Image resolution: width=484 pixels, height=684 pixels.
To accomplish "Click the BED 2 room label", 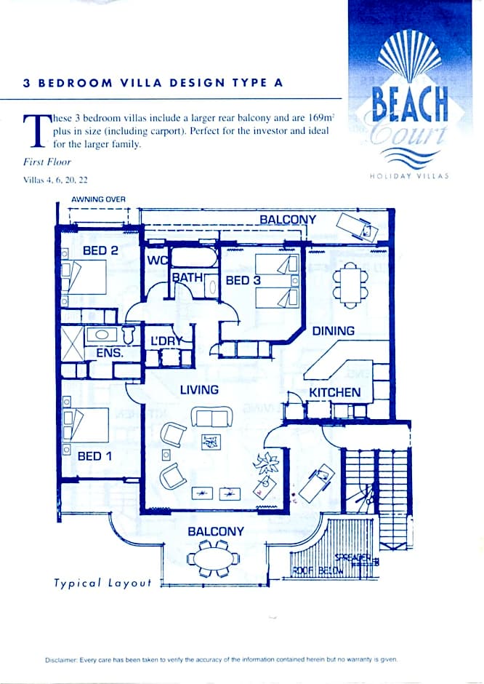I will pyautogui.click(x=100, y=250).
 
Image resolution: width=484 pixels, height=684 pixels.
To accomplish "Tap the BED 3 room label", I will pyautogui.click(x=243, y=280).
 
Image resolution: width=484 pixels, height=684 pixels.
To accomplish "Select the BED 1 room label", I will pyautogui.click(x=94, y=456).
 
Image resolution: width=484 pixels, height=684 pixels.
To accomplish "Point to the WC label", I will pyautogui.click(x=158, y=261).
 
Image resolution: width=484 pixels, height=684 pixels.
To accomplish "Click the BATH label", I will pyautogui.click(x=187, y=277).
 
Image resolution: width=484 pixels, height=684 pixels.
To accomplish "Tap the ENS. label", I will pyautogui.click(x=109, y=353).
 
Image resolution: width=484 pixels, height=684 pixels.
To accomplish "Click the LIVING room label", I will pyautogui.click(x=199, y=389).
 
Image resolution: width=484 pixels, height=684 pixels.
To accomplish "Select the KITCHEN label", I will pyautogui.click(x=335, y=392).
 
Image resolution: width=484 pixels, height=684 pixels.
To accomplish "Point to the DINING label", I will pyautogui.click(x=334, y=330).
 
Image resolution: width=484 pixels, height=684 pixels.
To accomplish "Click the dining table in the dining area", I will pyautogui.click(x=350, y=283).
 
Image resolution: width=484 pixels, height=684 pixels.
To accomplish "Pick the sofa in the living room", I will pyautogui.click(x=211, y=417).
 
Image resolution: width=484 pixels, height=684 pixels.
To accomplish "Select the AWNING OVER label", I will pyautogui.click(x=98, y=199).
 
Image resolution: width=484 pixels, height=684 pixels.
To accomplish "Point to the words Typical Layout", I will pyautogui.click(x=102, y=583).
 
